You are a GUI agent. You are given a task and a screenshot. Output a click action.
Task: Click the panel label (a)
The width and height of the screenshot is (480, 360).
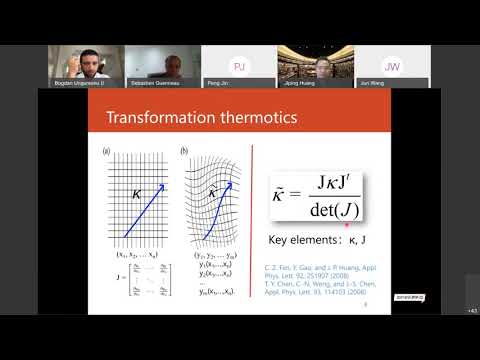pos(107,152)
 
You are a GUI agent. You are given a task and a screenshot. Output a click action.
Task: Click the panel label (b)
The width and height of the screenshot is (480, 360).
pos(183,152)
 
